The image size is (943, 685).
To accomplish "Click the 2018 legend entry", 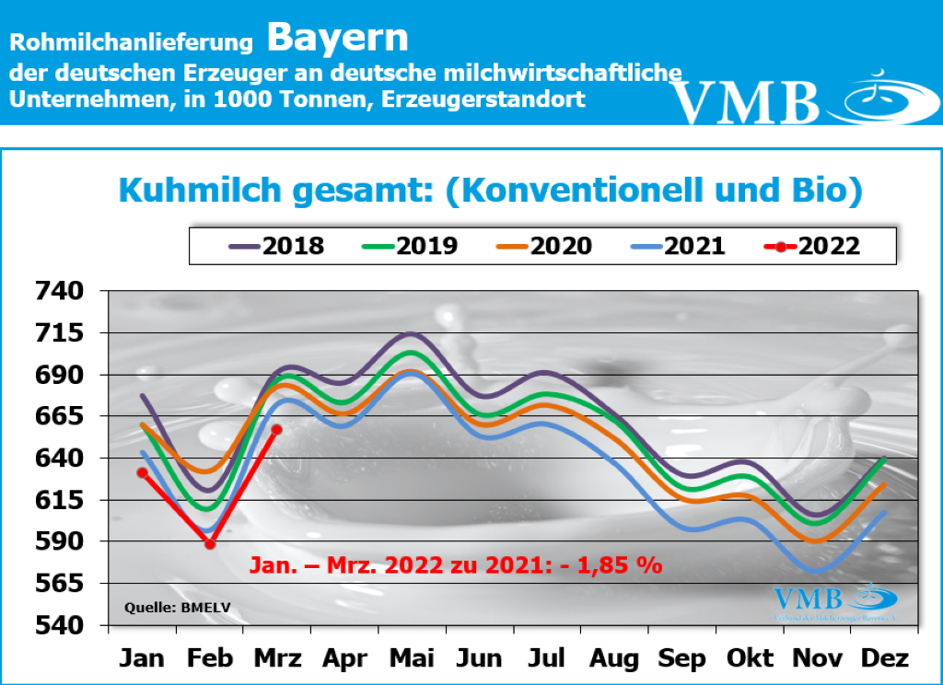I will tap(276, 246).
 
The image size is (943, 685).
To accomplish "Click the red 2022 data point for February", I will tap(210, 544).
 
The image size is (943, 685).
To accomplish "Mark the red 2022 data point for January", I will tap(143, 472).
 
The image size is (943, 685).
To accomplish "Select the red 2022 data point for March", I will tap(277, 429).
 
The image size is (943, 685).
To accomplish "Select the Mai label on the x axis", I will tap(412, 659).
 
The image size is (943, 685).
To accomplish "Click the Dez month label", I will tap(885, 659).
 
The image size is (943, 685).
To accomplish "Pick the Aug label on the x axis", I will tap(614, 659).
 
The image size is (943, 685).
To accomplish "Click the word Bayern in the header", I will tap(337, 38).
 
